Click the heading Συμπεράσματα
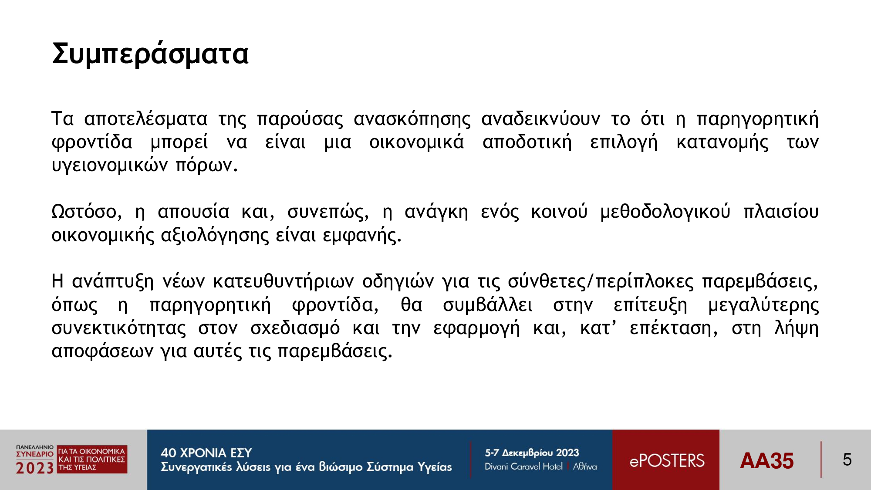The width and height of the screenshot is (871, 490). (x=150, y=54)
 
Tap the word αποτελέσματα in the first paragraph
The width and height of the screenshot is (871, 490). (x=145, y=119)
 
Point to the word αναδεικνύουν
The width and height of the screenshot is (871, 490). (x=540, y=119)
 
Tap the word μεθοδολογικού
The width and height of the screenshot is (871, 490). (x=665, y=212)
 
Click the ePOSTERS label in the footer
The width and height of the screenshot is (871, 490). (x=667, y=460)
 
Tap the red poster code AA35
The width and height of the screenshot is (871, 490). (x=766, y=461)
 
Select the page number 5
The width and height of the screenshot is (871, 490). (x=847, y=460)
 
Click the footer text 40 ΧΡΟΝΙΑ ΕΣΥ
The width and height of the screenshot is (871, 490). (x=206, y=453)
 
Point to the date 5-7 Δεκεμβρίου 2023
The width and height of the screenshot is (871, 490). (x=532, y=453)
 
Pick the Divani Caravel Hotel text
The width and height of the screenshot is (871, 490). (x=523, y=466)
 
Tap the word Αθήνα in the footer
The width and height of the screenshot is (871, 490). (x=585, y=466)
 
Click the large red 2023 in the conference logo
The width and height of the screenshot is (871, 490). (x=35, y=468)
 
